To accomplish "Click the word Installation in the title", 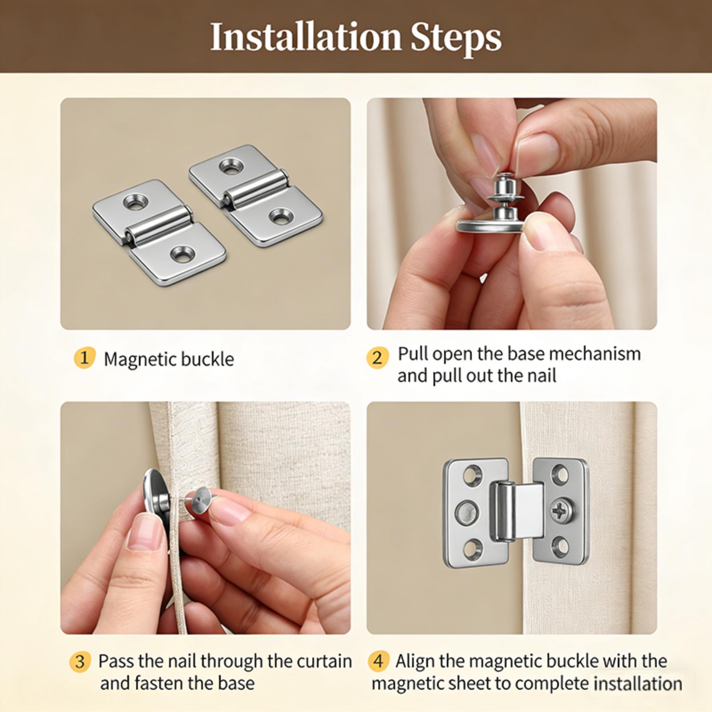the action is tap(306, 37).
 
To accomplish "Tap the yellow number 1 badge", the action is tap(84, 358).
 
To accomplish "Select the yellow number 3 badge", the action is tap(80, 661).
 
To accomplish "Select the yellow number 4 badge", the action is tap(378, 661).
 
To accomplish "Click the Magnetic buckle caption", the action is tap(169, 359).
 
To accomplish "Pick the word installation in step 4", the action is tap(638, 684).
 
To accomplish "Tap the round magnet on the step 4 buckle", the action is tap(467, 510).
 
